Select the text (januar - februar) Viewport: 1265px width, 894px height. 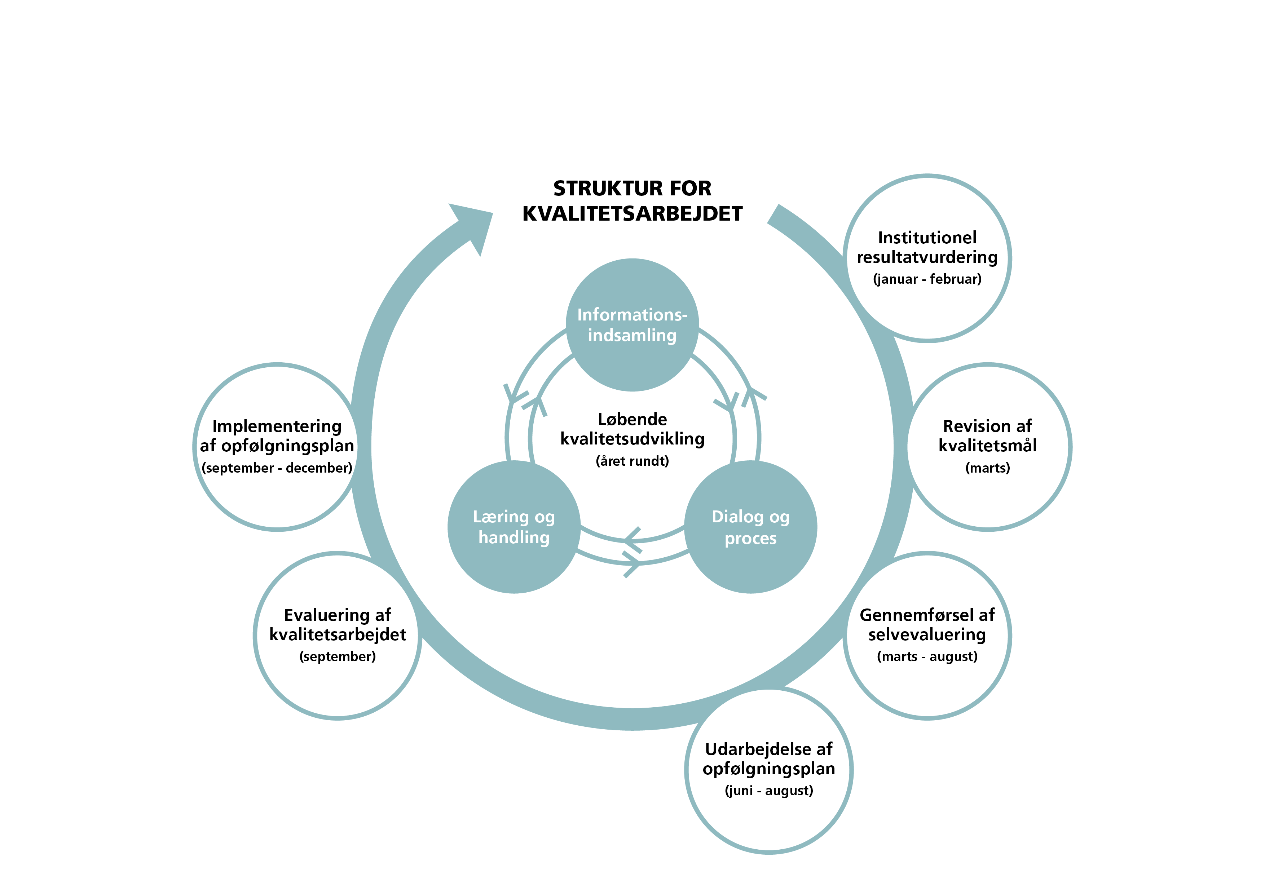[927, 279]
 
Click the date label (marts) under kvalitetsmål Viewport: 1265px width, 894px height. [988, 468]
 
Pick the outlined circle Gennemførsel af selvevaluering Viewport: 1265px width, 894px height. [927, 689]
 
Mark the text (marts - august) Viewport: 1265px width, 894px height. [927, 656]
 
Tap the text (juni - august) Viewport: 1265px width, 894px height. [768, 791]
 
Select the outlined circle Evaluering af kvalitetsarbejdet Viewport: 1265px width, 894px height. [337, 689]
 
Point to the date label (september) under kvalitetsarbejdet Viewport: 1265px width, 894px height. [337, 656]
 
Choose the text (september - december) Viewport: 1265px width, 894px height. [277, 468]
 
